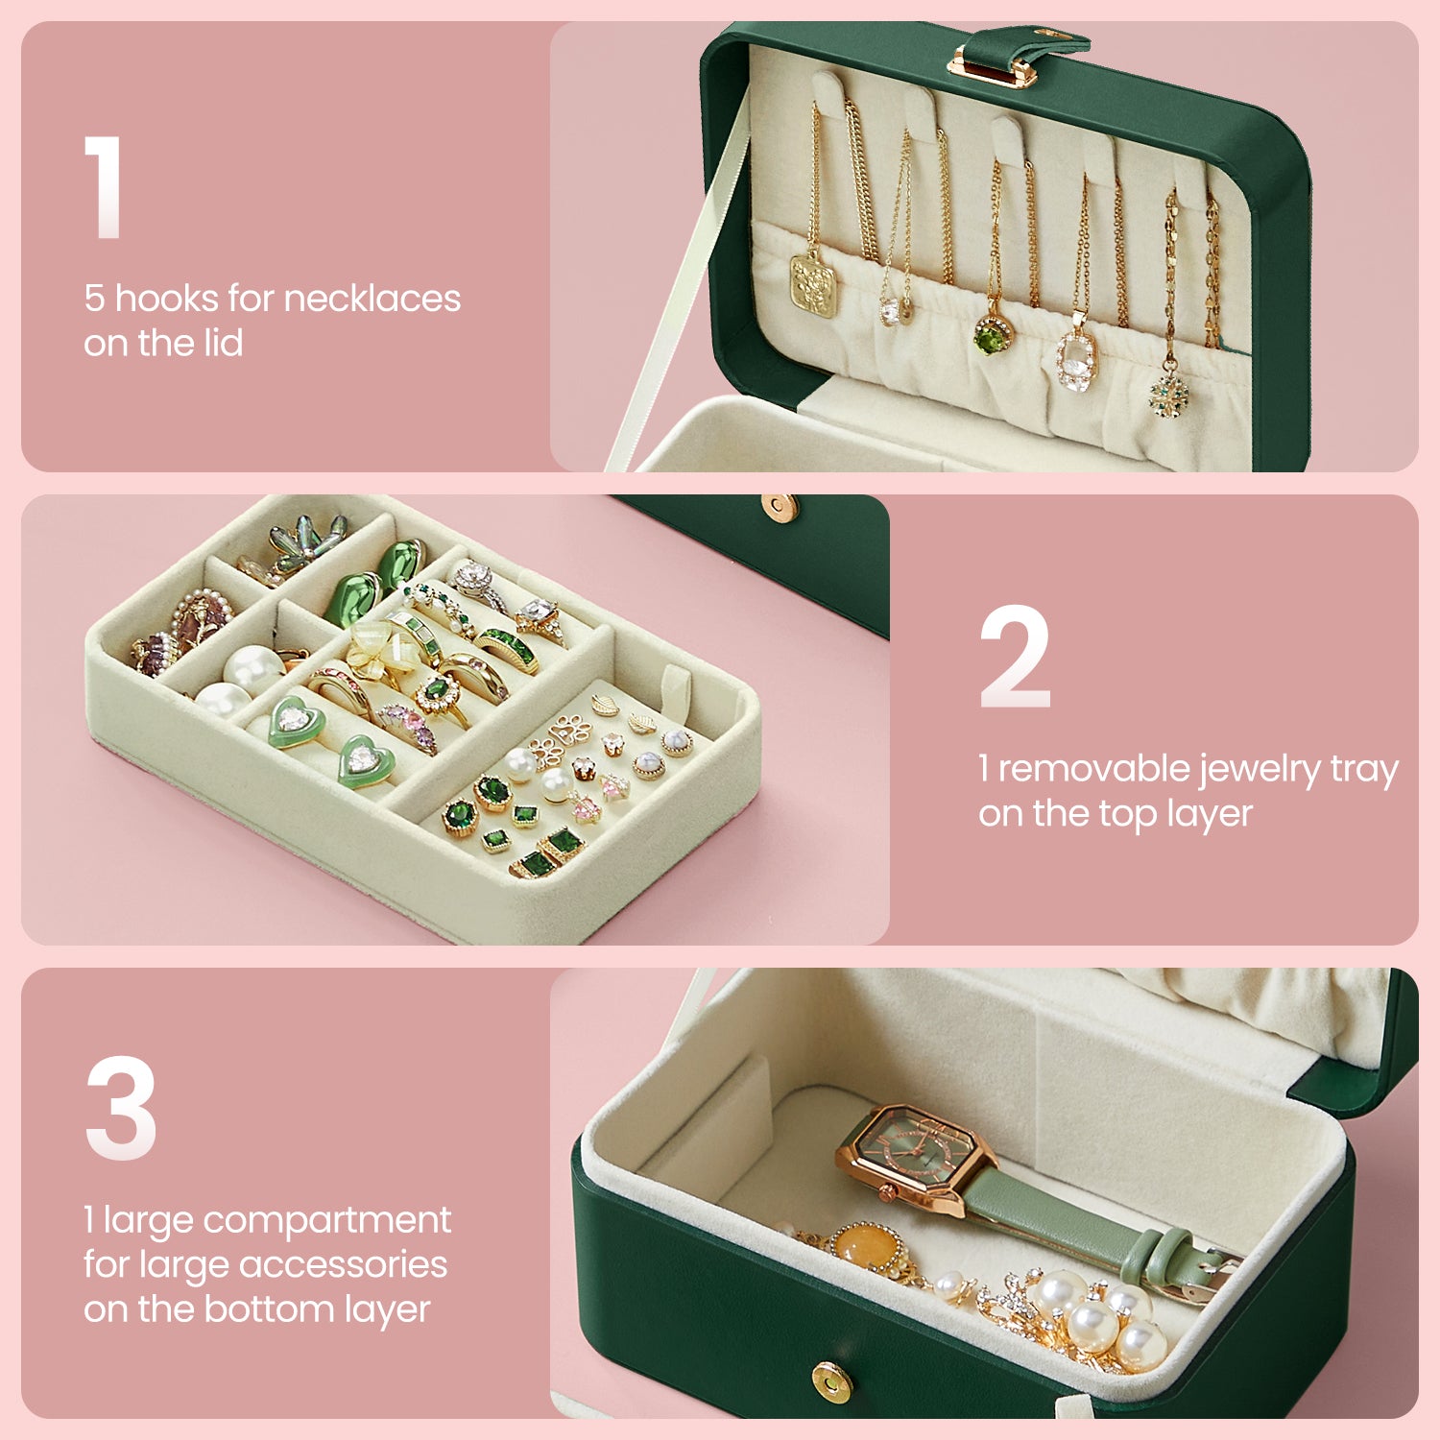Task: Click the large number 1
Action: point(103,186)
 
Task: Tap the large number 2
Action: point(1015,657)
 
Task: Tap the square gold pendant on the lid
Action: point(813,282)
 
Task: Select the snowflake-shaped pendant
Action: point(1169,393)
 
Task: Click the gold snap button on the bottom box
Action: point(831,1381)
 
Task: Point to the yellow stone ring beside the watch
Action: point(866,1247)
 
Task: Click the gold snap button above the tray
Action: point(779,508)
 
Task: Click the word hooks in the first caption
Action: point(166,299)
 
